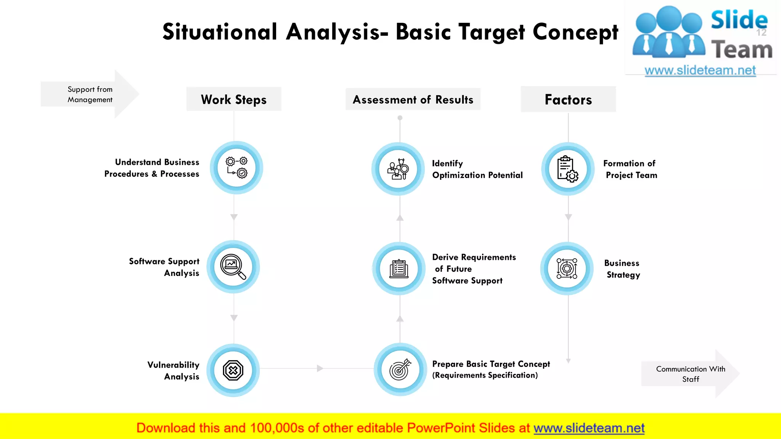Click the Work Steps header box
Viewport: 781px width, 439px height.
234,99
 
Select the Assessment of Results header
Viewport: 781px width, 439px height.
413,99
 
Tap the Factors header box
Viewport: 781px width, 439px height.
568,99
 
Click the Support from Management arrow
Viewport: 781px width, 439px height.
90,94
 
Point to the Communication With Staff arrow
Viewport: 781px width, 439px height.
690,374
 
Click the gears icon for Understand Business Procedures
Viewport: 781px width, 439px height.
236,168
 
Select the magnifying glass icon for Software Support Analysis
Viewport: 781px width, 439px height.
233,267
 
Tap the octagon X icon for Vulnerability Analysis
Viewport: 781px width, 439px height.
233,370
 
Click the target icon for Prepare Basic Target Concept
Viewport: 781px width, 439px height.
400,369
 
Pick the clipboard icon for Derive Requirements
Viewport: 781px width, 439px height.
399,269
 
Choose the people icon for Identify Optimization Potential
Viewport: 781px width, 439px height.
398,169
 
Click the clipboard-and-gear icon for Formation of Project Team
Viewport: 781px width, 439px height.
568,169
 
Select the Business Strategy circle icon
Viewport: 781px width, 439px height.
567,269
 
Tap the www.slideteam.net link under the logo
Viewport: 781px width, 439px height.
700,70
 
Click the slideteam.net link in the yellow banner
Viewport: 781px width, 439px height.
589,428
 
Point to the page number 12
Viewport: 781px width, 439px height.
761,33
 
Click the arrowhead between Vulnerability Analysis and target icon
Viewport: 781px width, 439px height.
320,368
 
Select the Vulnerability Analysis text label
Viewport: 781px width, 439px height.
174,370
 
